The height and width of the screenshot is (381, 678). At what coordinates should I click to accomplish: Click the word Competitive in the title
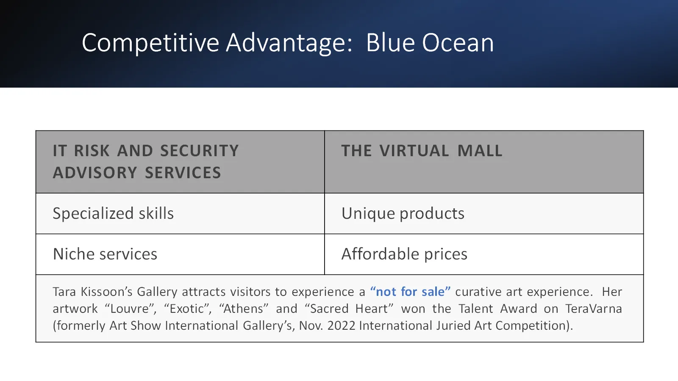pos(150,43)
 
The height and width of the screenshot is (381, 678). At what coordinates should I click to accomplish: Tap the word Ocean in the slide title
pos(458,43)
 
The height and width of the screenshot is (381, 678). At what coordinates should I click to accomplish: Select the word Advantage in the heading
pos(289,43)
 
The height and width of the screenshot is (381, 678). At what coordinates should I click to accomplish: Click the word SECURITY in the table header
pos(200,151)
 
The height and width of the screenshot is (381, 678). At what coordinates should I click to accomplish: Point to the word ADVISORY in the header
pos(95,173)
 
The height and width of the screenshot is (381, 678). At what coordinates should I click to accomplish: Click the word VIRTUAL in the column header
pos(414,151)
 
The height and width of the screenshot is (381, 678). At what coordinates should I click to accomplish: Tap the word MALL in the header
pos(480,151)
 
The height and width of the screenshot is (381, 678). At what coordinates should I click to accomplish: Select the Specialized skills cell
pos(180,213)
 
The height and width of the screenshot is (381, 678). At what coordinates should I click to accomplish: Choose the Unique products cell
pos(484,213)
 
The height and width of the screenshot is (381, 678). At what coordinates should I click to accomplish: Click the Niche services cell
pos(180,254)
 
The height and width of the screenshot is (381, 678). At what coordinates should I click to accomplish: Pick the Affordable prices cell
pos(484,254)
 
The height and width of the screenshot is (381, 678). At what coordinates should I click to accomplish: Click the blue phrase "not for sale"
pos(411,292)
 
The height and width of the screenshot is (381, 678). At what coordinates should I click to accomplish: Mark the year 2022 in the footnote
pos(341,326)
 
